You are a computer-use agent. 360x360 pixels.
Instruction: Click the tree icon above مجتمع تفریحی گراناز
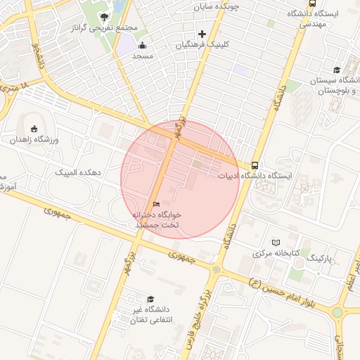tap(104, 16)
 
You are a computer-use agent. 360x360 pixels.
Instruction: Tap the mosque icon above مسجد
tap(143, 45)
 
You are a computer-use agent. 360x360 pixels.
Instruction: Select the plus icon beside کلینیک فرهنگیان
tap(202, 34)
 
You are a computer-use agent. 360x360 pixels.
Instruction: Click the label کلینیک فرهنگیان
tap(202, 44)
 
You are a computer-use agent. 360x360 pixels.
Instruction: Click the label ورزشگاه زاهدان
tap(33, 139)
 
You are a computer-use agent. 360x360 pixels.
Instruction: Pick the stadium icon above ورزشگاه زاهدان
tap(34, 128)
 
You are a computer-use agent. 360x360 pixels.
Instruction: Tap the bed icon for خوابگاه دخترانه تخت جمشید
tap(157, 204)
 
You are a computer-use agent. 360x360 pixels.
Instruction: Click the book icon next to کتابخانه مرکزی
tap(275, 242)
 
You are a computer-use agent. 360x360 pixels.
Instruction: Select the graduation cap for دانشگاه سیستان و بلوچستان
tap(337, 70)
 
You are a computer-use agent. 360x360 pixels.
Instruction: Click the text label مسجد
tap(142, 56)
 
